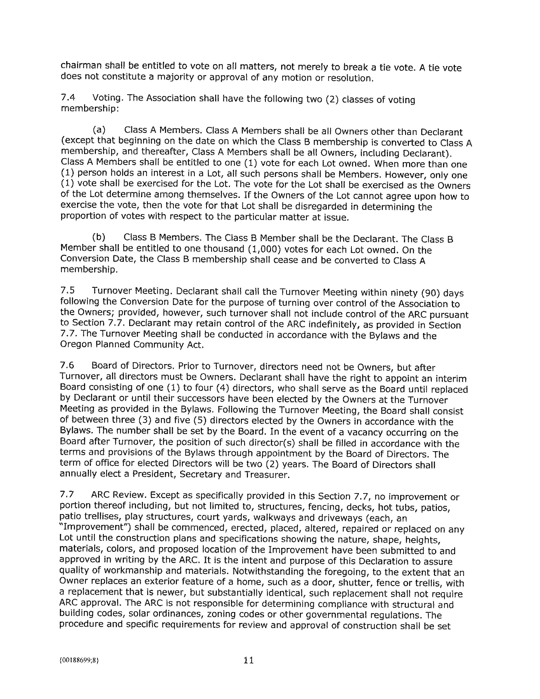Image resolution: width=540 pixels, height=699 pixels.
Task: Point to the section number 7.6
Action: click(x=67, y=365)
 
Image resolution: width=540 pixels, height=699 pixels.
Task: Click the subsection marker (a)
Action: click(x=99, y=130)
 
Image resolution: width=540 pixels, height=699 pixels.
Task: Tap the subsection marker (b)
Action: click(x=98, y=237)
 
